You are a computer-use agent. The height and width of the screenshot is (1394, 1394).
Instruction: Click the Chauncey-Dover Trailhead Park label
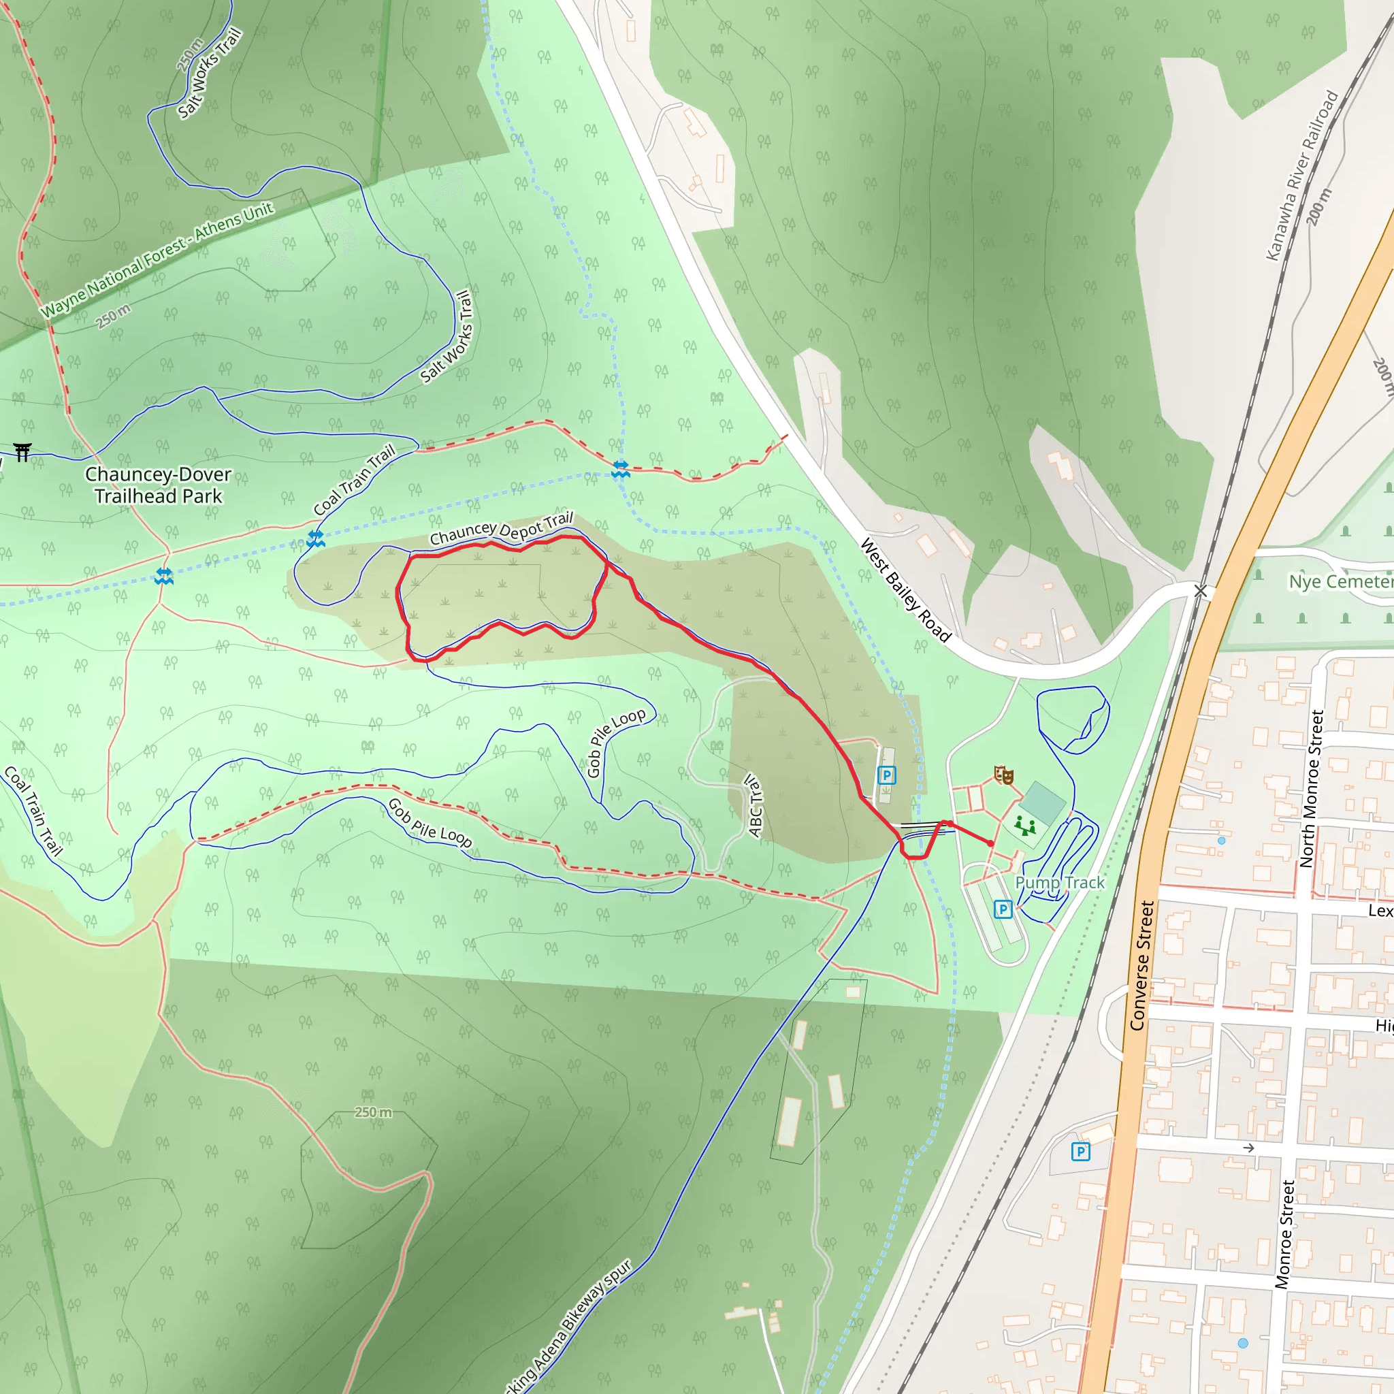tap(158, 485)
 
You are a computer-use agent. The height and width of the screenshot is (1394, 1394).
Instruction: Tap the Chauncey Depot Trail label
tap(501, 529)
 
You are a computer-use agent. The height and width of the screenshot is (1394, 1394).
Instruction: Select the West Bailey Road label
tap(905, 590)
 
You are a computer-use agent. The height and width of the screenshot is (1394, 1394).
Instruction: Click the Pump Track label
tap(1059, 882)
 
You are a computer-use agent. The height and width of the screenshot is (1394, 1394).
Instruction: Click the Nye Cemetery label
tap(1341, 581)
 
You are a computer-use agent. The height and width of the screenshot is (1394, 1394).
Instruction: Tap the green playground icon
tap(1024, 825)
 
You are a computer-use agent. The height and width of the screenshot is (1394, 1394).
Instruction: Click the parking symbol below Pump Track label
tap(1003, 910)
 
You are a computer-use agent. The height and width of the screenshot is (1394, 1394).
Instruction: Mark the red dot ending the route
tap(990, 843)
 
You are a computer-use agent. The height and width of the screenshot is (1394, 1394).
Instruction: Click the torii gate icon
tap(22, 453)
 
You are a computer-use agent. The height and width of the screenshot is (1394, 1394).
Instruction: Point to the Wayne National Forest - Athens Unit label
tap(157, 261)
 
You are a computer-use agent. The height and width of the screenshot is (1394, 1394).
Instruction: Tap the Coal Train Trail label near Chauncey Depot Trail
tap(354, 479)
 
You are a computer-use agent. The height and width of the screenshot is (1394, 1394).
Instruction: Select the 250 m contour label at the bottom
tap(373, 1112)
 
